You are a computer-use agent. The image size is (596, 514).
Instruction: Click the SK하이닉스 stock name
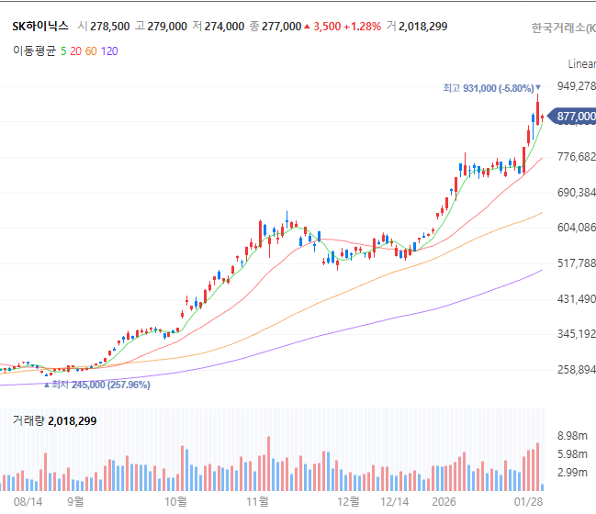pos(40,27)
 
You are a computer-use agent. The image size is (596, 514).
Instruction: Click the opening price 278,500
pos(110,27)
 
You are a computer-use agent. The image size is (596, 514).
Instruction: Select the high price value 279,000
pos(167,27)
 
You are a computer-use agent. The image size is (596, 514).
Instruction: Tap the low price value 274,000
pos(224,27)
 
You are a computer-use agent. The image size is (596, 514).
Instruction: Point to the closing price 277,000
pos(281,27)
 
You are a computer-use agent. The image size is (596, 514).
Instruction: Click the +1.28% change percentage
pos(362,27)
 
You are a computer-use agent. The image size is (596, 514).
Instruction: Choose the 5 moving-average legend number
pos(63,50)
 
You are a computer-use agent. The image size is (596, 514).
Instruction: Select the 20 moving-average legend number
pos(75,50)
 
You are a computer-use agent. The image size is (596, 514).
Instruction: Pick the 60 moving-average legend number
pos(91,50)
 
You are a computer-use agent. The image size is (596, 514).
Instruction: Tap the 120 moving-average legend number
pos(109,50)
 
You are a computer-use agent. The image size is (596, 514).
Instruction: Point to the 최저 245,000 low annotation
pos(97,385)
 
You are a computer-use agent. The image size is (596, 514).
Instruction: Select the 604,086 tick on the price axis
pos(576,228)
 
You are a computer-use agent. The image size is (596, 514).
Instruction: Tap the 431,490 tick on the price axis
pos(576,299)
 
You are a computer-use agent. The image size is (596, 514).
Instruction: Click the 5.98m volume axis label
pos(572,454)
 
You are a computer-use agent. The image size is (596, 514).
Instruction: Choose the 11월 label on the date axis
pos(257,501)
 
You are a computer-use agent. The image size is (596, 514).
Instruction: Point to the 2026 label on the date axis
pos(444,502)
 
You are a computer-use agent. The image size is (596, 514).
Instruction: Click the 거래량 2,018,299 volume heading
pos(54,421)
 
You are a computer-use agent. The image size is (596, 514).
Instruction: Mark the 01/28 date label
pos(528,502)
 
